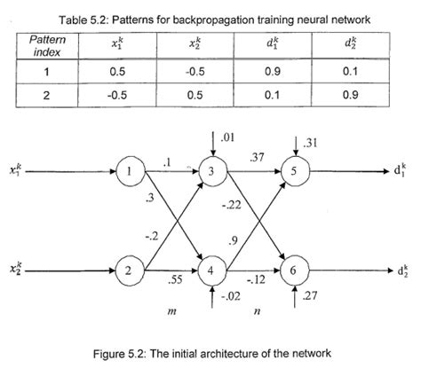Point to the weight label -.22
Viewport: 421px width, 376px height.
click(x=232, y=205)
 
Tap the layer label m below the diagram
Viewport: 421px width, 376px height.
click(x=171, y=312)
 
